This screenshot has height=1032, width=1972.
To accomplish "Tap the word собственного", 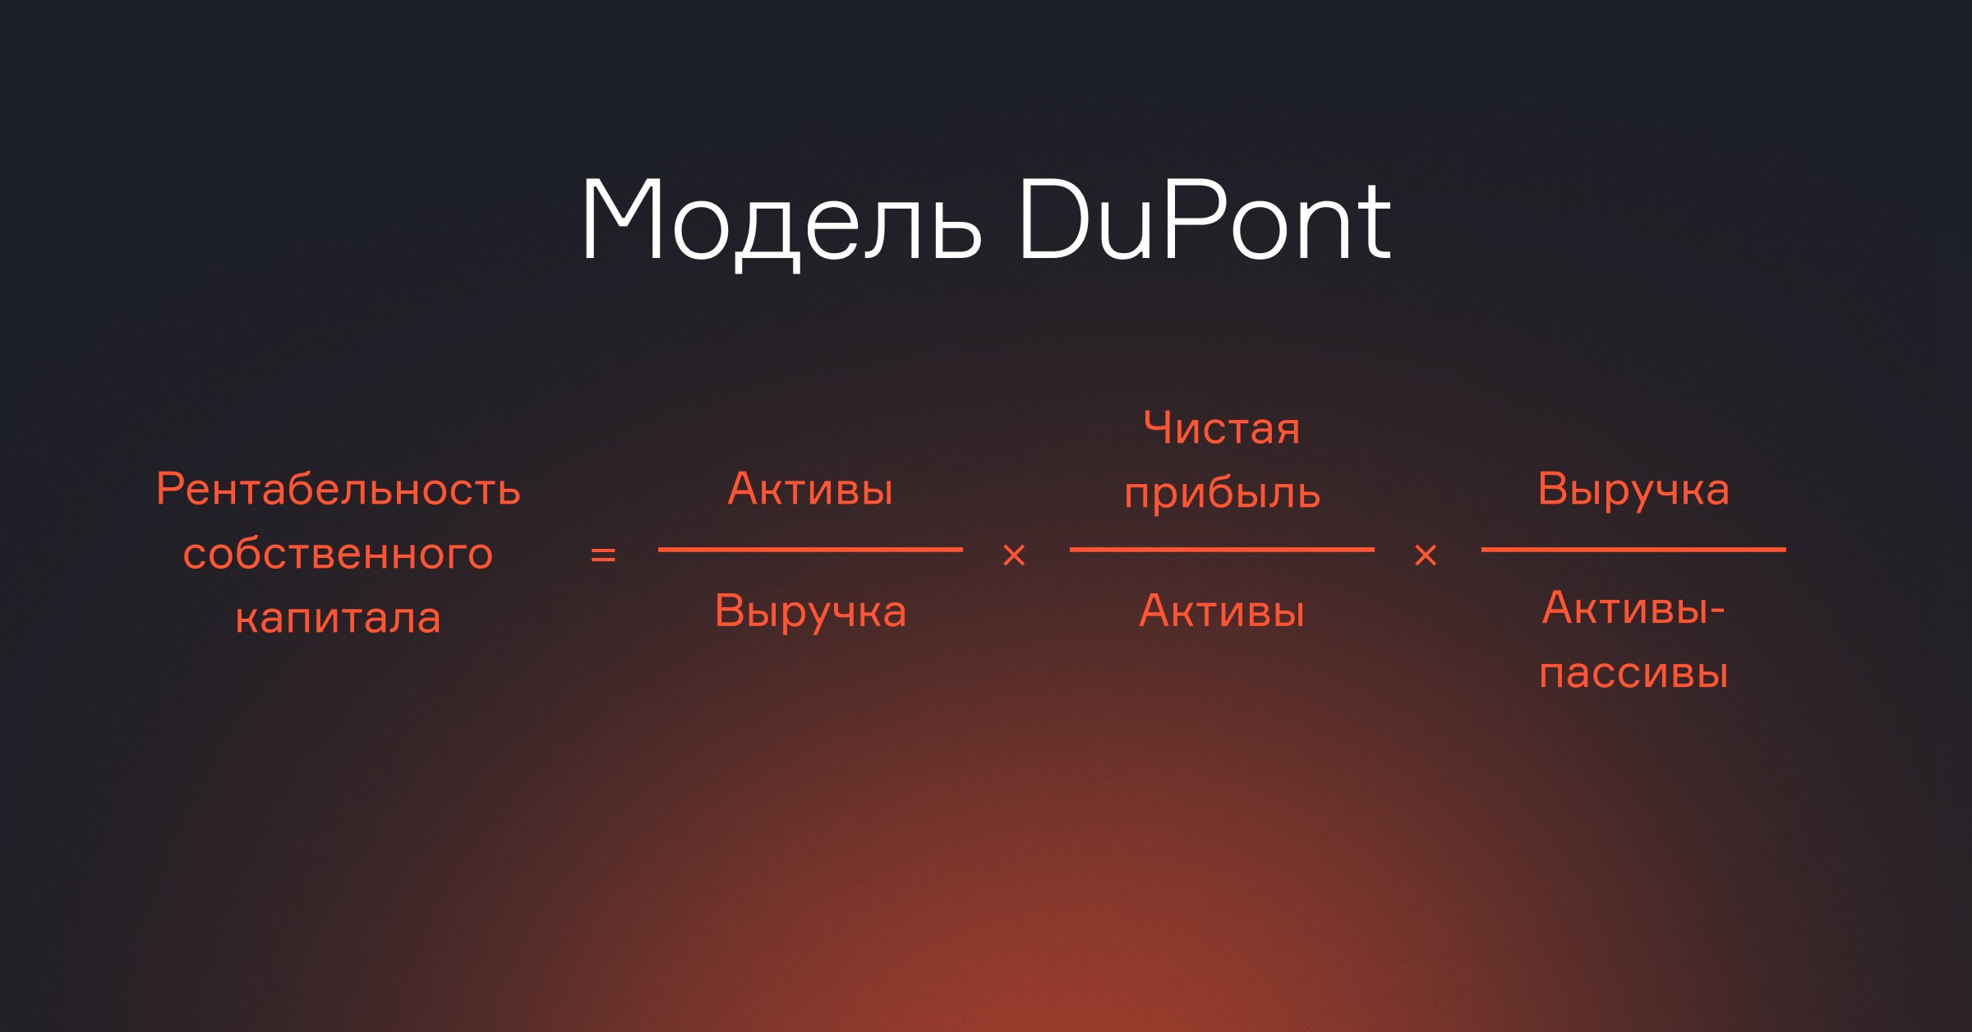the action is tap(339, 554).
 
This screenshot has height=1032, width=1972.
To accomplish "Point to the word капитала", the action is tap(339, 618).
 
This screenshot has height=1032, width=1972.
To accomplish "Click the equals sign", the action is tap(603, 555).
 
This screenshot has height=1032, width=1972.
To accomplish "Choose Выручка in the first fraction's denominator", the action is tap(810, 613).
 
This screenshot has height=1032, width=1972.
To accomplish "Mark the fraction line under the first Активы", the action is tap(810, 549).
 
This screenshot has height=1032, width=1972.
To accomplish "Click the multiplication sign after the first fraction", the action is tap(1015, 555).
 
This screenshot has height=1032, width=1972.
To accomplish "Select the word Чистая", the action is tap(1222, 428).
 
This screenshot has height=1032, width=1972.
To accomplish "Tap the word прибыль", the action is tap(1222, 493).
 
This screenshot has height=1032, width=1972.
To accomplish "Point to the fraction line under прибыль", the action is tap(1222, 549).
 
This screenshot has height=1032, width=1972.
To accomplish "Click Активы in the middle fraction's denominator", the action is tap(1222, 611).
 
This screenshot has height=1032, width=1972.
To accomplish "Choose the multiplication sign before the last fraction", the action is tap(1426, 555).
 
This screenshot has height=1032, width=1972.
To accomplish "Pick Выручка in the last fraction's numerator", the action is tap(1633, 491).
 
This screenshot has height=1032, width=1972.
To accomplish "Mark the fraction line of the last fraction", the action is tap(1633, 549).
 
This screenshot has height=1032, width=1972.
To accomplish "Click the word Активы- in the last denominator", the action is tap(1633, 609).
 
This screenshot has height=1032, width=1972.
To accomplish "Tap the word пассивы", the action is tap(1633, 674).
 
